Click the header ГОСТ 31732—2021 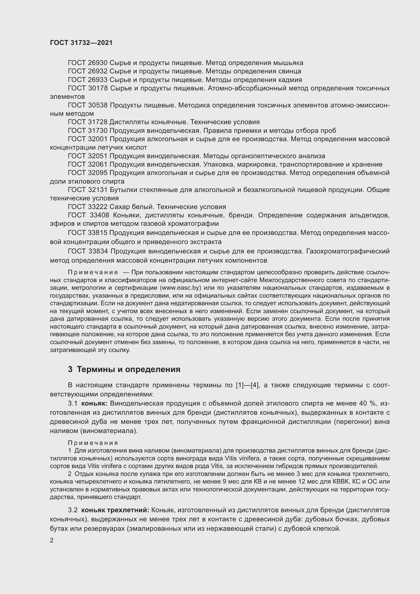pyautogui.click(x=81, y=43)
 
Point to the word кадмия pyautogui.click(x=290, y=80)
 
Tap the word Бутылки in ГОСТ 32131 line pyautogui.click(x=124, y=190)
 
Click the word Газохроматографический pyautogui.click(x=348, y=251)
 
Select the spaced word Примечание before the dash pyautogui.click(x=93, y=272)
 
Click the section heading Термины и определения pyautogui.click(x=128, y=369)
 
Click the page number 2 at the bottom pyautogui.click(x=52, y=540)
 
